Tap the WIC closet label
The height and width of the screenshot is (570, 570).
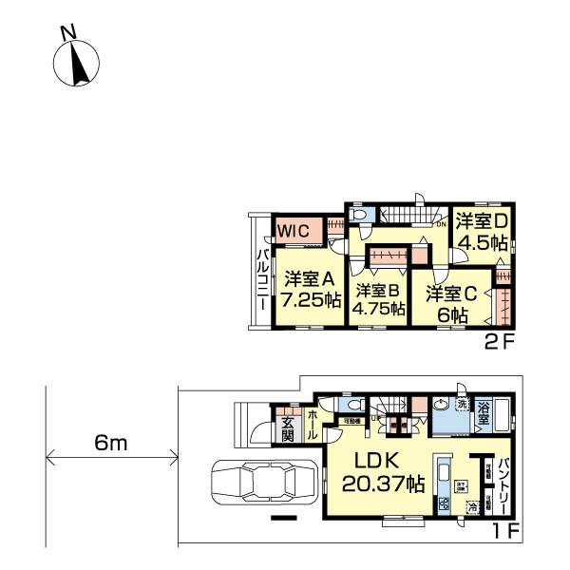coord(293,229)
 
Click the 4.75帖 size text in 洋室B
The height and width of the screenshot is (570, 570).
coord(378,310)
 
